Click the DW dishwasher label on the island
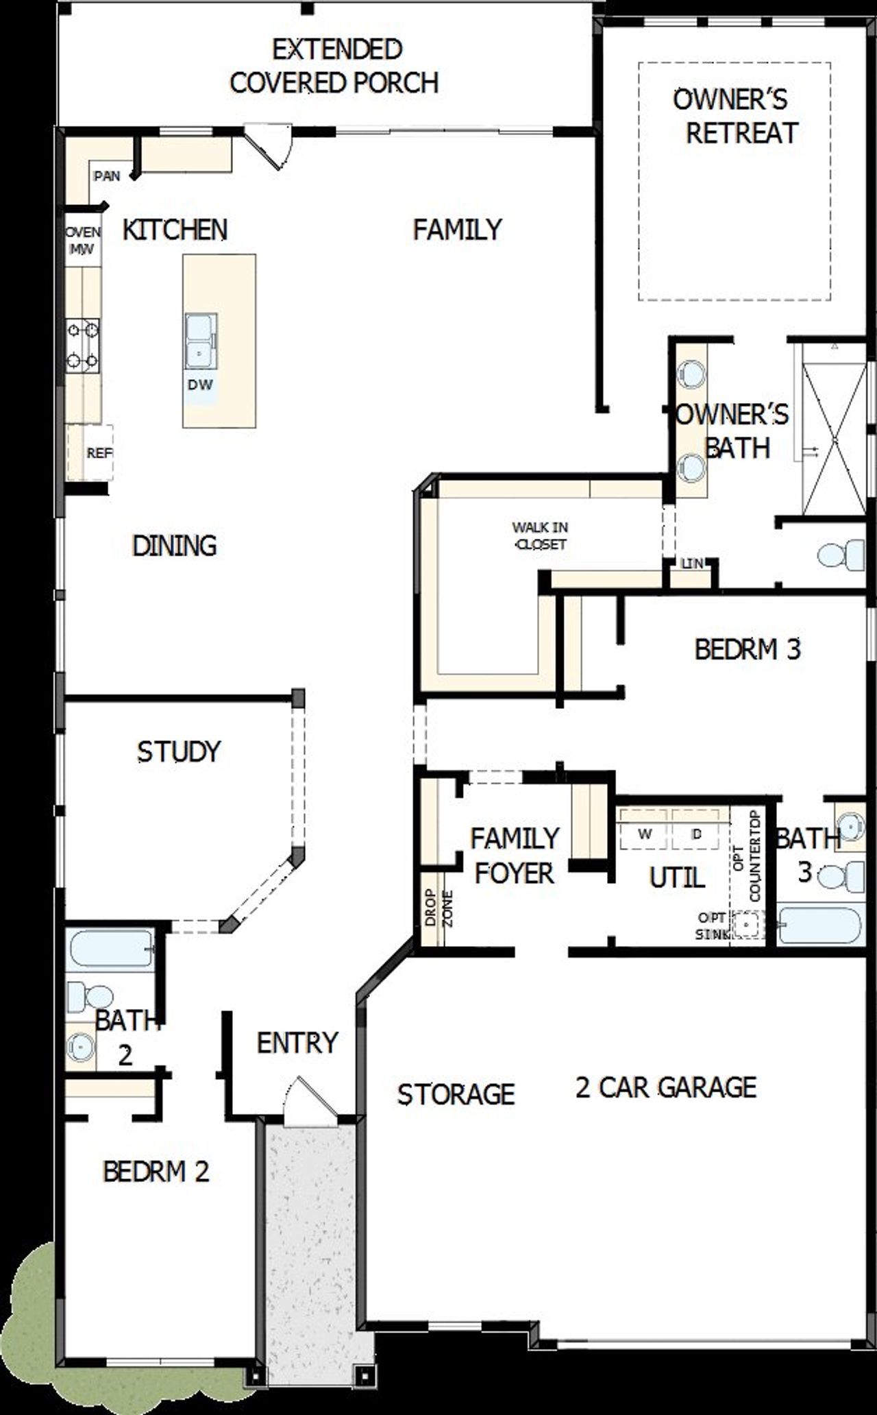(x=200, y=385)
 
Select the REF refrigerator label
(x=99, y=453)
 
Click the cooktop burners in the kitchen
(x=82, y=345)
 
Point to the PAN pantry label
(x=107, y=176)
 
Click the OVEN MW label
(x=83, y=241)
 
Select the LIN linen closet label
(x=692, y=564)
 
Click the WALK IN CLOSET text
(x=539, y=535)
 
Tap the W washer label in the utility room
(x=644, y=834)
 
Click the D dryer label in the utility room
(x=697, y=834)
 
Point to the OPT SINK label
(x=713, y=926)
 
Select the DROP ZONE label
(x=438, y=908)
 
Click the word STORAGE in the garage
(x=456, y=1094)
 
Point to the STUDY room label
(x=179, y=752)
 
